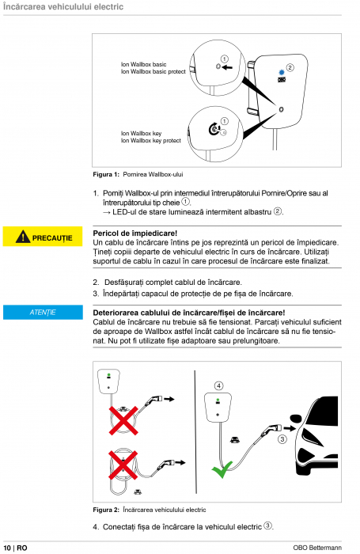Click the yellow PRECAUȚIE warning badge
point(43,237)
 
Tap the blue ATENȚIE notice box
point(43,313)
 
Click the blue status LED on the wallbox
point(282,73)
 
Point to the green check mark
point(222,469)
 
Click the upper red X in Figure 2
point(123,420)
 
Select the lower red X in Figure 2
point(123,465)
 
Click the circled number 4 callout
point(218,385)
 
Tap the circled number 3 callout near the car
point(282,439)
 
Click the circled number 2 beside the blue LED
point(290,67)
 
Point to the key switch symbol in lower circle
point(214,129)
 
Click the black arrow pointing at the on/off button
point(227,66)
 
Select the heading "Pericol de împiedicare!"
point(135,233)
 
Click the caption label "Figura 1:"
point(106,174)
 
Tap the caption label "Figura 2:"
point(106,510)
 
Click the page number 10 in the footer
point(7,548)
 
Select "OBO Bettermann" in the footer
point(317,548)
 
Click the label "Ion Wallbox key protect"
point(151,141)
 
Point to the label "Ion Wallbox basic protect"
point(153,72)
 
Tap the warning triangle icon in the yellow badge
point(23,237)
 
